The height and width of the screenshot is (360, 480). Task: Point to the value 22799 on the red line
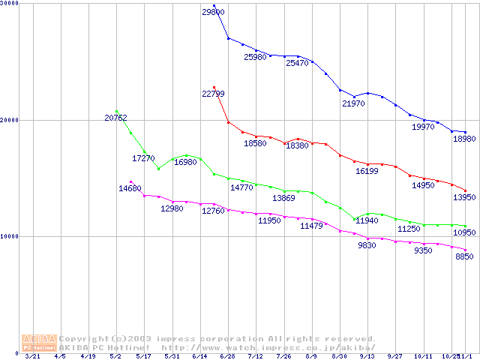214,94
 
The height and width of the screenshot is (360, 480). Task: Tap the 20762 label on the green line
116,118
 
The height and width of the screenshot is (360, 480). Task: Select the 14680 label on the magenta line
130,188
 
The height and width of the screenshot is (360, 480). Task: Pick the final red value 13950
465,196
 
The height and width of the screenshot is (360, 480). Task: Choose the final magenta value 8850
465,256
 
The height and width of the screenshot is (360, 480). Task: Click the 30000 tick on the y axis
10,4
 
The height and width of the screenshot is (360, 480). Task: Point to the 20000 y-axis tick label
10,120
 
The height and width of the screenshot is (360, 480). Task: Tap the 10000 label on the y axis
10,236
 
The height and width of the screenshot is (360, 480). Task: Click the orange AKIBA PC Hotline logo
39,343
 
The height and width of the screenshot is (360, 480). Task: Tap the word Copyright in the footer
84,338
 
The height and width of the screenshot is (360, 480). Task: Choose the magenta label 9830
367,245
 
